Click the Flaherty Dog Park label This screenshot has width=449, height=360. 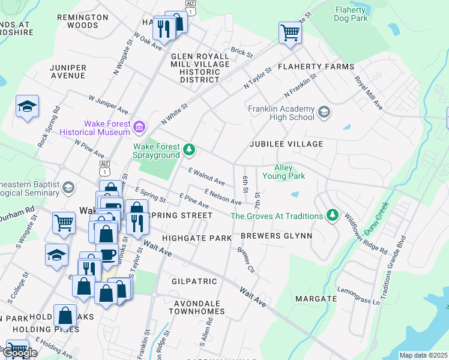tap(351, 14)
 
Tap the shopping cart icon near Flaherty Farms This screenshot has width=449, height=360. tap(290, 32)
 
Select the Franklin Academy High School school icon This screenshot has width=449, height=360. tap(324, 112)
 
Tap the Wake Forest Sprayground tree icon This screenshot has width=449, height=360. tap(189, 149)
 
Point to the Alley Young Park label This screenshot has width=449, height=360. tap(289, 172)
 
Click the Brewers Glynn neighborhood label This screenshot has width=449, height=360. tap(277, 236)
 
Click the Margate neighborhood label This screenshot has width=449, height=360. tap(316, 298)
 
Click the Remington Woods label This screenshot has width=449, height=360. tap(82, 22)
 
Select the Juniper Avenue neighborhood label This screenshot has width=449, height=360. tap(68, 71)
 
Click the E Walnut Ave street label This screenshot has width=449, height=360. tap(206, 177)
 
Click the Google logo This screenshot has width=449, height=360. tap(20, 353)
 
